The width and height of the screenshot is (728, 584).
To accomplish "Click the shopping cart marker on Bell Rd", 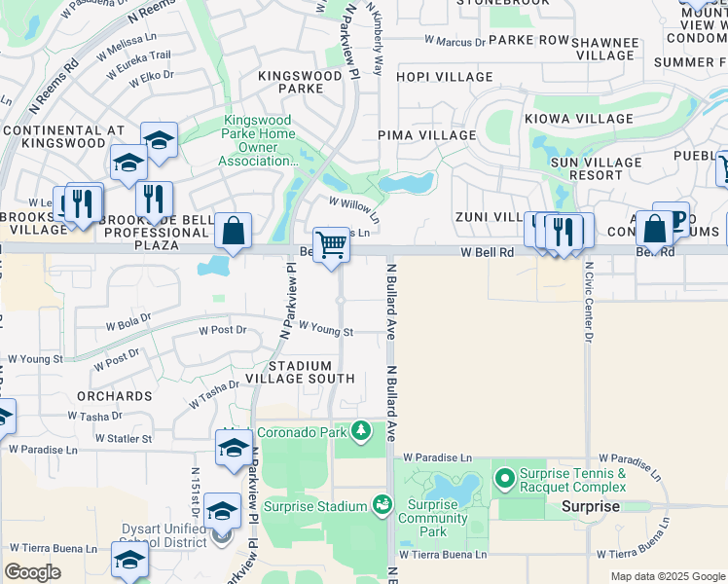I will click(x=332, y=245).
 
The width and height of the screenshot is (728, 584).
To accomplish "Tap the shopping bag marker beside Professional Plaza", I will click(x=233, y=231).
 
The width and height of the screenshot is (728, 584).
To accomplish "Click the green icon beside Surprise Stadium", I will click(x=382, y=504).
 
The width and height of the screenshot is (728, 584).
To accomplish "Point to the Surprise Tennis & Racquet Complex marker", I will click(x=504, y=478).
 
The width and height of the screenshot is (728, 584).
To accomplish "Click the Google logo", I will click(x=32, y=572).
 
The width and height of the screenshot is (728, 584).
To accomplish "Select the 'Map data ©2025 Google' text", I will click(x=667, y=576).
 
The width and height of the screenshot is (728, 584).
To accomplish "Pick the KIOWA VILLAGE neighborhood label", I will click(x=579, y=119).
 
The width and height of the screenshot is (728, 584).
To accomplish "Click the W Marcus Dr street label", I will click(x=455, y=42).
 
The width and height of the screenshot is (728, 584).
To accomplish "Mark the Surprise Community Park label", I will click(x=433, y=518).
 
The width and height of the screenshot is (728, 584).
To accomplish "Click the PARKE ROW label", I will click(x=528, y=40).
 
